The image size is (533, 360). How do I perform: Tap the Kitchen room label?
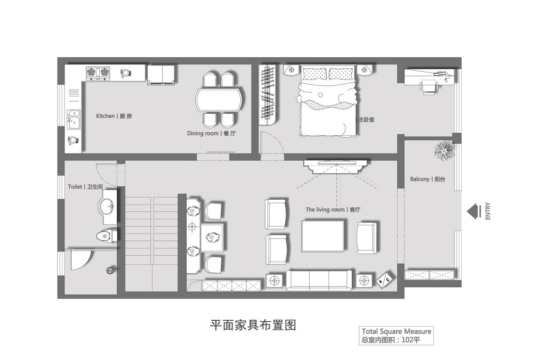[x=114, y=116]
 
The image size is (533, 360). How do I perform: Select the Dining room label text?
[x=211, y=133]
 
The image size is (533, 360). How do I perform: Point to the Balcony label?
[x=427, y=179]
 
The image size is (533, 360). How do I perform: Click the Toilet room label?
[x=85, y=187]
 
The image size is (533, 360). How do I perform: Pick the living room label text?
[x=333, y=210]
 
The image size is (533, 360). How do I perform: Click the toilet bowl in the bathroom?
[x=106, y=236]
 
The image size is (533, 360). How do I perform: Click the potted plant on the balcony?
[x=443, y=150]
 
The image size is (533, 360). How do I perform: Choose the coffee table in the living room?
[x=324, y=236]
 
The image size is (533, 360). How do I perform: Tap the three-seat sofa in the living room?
[x=319, y=280]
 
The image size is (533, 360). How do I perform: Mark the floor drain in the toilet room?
[x=110, y=270]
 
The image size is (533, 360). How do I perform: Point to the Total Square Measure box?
[x=396, y=335]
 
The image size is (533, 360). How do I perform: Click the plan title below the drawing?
[x=253, y=325]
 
